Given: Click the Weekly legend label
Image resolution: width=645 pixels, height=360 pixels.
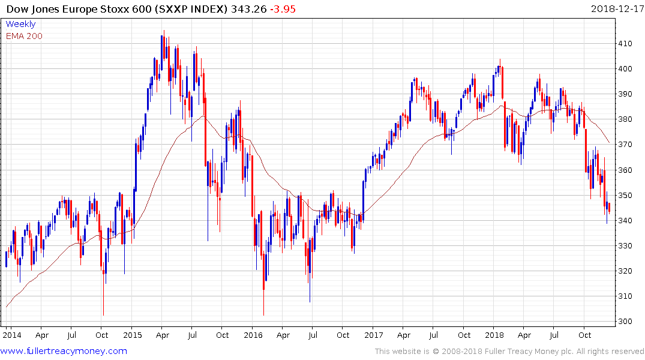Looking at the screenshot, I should click(20, 24).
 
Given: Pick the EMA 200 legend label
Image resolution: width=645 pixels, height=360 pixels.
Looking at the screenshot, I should click(24, 35).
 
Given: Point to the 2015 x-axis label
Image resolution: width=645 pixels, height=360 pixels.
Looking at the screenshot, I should click(132, 335).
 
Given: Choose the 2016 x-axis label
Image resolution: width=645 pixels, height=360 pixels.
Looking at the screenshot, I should click(253, 335).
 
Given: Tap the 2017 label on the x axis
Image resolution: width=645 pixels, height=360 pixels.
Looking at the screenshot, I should click(374, 335).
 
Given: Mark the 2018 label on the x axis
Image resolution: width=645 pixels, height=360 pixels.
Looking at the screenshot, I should click(495, 335).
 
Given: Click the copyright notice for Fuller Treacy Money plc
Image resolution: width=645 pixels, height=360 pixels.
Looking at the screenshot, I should click(509, 352).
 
